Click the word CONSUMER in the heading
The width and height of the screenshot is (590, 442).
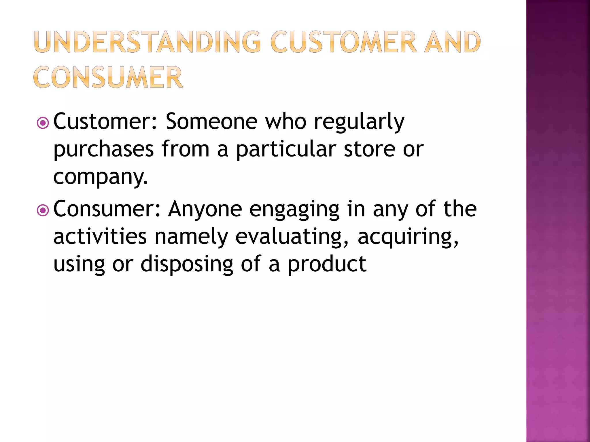[x=108, y=77]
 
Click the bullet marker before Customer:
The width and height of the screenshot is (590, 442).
[x=43, y=123]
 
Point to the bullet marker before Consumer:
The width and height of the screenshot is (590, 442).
[x=43, y=211]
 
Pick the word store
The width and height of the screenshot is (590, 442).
[x=370, y=149]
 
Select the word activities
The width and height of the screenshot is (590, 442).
[x=100, y=236]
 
